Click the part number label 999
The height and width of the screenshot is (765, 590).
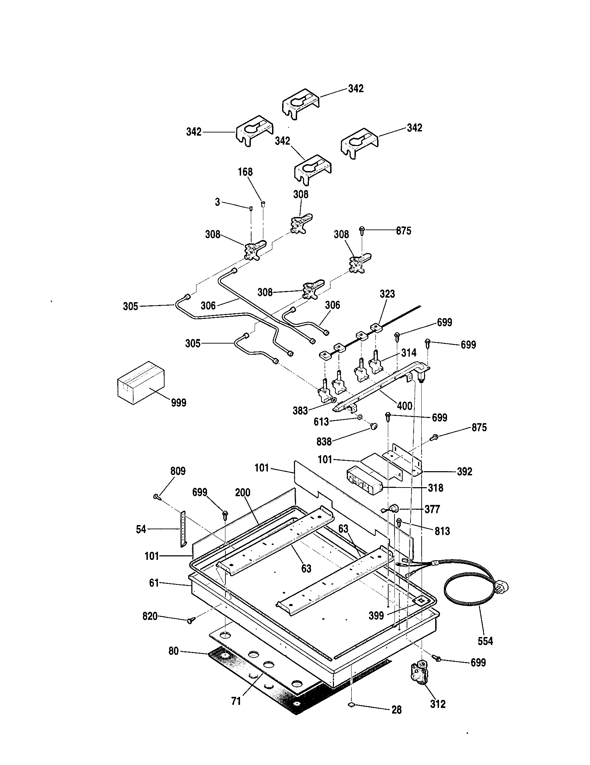click(178, 403)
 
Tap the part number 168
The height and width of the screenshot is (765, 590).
click(245, 172)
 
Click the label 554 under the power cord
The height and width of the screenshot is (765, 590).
click(485, 641)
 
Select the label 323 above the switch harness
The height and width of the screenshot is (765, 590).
click(387, 294)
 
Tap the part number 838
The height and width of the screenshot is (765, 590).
click(324, 442)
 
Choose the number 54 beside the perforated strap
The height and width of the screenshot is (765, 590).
click(141, 529)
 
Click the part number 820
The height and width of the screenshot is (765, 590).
click(150, 616)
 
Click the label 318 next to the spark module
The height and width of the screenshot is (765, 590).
click(436, 488)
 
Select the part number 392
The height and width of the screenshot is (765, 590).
click(464, 472)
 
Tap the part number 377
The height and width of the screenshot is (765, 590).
click(432, 509)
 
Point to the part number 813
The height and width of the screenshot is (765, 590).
click(442, 531)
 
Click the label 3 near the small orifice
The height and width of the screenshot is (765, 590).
click(217, 202)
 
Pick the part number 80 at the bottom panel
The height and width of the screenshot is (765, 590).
click(174, 651)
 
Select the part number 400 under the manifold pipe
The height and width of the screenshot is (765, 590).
click(405, 406)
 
